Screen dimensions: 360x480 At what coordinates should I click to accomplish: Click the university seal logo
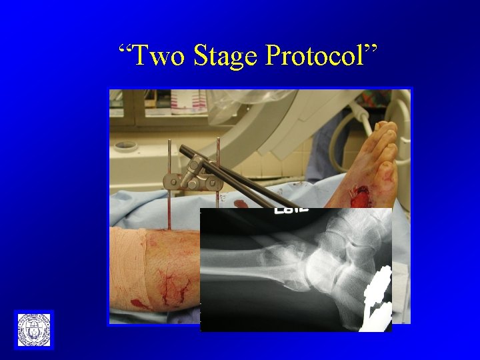[x=33, y=329]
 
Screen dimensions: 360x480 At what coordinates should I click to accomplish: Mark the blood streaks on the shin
[x=175, y=287]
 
